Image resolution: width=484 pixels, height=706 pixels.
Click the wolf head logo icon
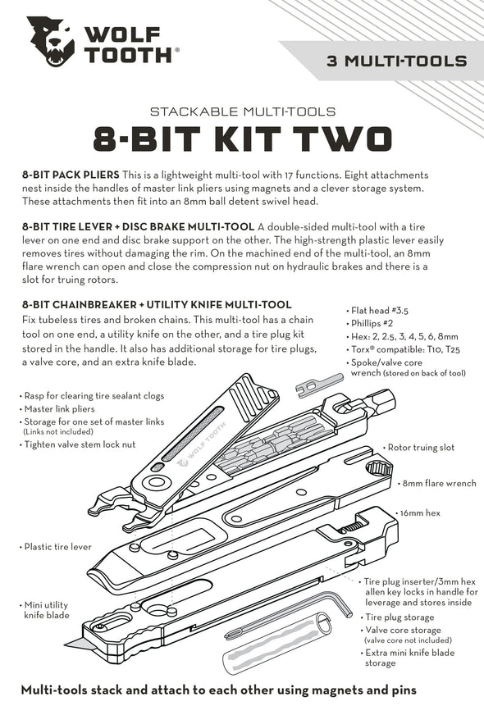[50, 42]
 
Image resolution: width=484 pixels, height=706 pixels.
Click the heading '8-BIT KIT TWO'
[242, 139]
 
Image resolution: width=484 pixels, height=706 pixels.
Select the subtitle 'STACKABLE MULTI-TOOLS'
[242, 111]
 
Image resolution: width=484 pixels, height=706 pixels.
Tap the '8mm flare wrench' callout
[438, 484]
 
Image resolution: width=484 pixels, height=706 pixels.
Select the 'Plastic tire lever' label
[57, 546]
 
